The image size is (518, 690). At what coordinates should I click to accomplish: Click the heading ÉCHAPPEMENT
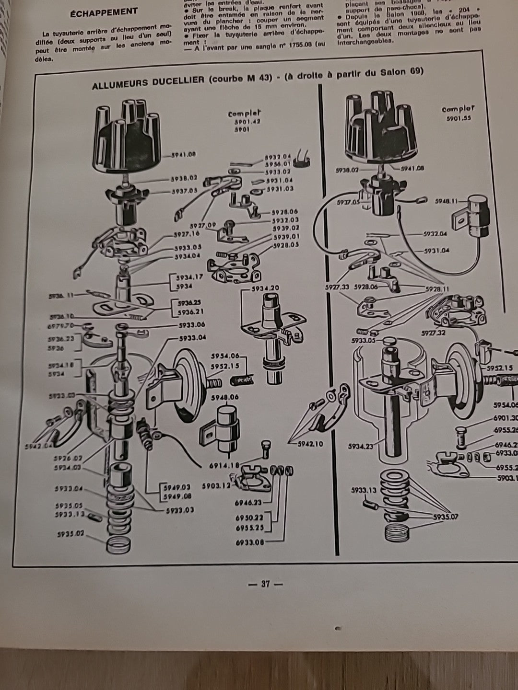[x=103, y=11]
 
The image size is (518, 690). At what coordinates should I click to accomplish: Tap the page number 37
[x=265, y=584]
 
